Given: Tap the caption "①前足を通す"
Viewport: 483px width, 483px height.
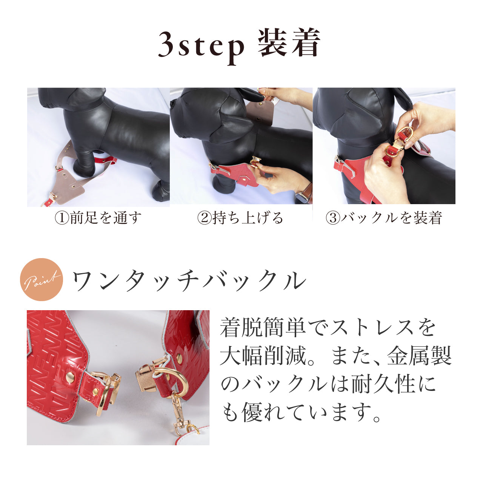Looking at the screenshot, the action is point(98,218).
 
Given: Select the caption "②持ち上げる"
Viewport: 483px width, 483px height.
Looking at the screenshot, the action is point(240,218).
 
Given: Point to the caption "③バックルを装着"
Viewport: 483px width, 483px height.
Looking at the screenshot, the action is point(383,218).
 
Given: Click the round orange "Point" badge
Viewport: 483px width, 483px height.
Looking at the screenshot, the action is point(42,280).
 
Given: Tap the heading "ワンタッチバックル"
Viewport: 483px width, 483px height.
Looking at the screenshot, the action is point(189,280).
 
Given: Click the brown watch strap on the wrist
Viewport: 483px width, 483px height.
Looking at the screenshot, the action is point(308,192).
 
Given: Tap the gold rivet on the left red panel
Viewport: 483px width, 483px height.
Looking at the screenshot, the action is point(70,375).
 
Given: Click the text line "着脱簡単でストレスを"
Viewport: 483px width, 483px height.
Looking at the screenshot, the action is point(328,328).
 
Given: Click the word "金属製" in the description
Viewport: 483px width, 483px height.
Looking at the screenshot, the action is point(419,356).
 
